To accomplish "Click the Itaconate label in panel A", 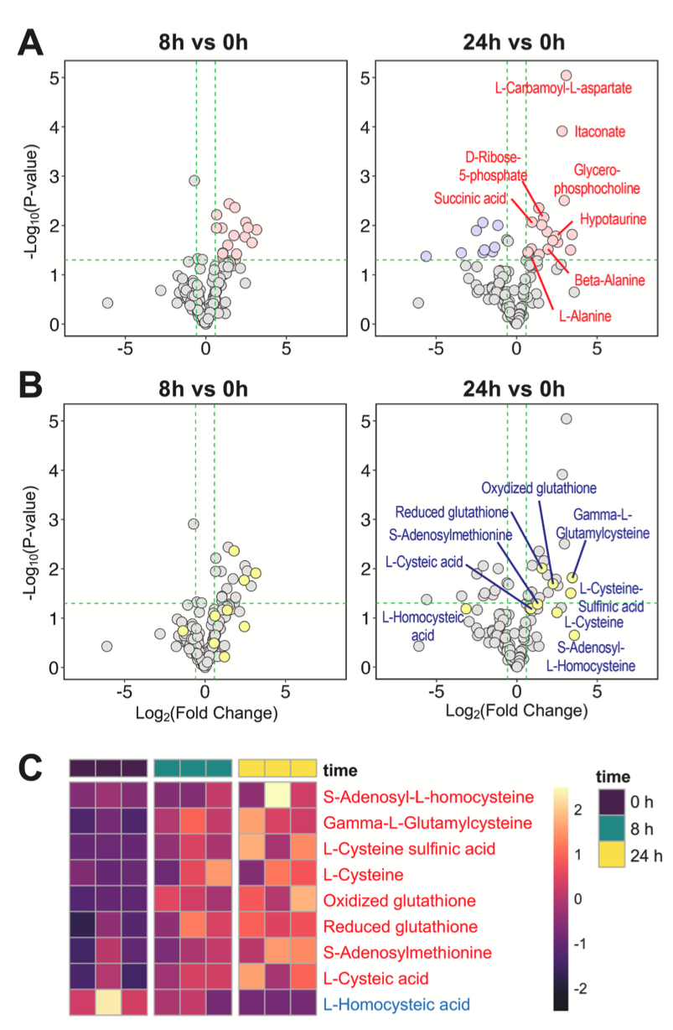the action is pos(599,132).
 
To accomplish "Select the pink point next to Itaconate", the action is pos(562,131).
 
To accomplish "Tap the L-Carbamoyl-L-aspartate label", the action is pos(563,88).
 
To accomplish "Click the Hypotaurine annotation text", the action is pos(613,219).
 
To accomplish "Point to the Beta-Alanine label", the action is pos(609,280).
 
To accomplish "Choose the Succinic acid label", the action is pos(469,199).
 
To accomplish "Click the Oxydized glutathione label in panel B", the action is pos(538,488).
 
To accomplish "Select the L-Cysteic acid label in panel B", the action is pos(424,561).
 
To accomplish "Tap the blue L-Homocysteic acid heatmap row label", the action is pos(396,1004).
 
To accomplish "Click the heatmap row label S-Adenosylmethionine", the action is pos(407,952).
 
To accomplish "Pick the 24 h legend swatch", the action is pos(612,855).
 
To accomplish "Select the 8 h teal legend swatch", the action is pos(612,829).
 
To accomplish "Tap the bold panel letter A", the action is pos(30,42).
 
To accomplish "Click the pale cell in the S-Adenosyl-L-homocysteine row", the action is pos(277,795).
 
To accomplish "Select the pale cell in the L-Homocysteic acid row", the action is pos(108,1002).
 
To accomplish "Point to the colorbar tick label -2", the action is pos(580,988).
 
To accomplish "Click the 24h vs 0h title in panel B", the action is pos(514,389).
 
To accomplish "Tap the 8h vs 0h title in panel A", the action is pos(203,42).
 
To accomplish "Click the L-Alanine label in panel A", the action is pos(585,316).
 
